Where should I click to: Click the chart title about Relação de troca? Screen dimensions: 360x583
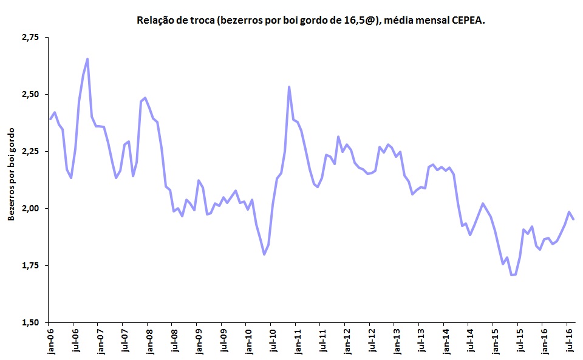click(312, 21)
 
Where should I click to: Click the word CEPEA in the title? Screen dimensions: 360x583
click(467, 21)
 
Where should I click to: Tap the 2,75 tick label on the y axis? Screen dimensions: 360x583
click(29, 38)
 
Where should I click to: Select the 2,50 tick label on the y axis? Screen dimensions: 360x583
click(29, 95)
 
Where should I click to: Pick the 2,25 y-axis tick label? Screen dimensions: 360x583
click(29, 152)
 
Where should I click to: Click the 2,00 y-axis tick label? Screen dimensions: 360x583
click(29, 209)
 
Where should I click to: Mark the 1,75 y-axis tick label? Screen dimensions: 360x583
click(29, 266)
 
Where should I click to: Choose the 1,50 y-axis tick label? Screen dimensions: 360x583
click(29, 322)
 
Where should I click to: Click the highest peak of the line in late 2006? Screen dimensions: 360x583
click(87, 59)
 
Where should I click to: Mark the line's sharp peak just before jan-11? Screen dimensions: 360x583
click(289, 87)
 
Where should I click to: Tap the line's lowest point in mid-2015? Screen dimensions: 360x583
click(512, 275)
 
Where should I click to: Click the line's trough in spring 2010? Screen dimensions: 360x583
click(264, 254)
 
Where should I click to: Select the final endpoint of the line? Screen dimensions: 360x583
click(574, 219)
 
